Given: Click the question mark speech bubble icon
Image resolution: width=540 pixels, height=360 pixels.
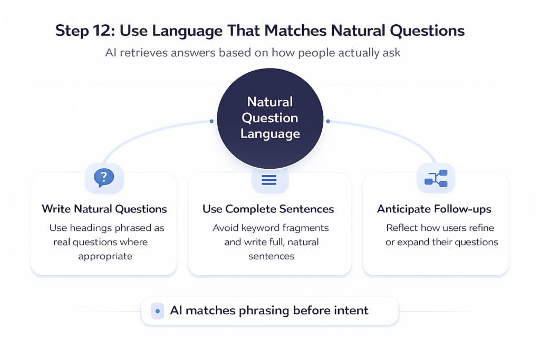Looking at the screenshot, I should [x=104, y=178].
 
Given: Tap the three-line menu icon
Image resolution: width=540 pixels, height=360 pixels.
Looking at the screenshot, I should [x=269, y=180].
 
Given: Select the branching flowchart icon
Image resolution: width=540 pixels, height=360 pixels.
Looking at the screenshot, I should [x=436, y=178].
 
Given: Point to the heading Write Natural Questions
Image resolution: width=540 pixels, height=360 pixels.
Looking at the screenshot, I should [x=104, y=209].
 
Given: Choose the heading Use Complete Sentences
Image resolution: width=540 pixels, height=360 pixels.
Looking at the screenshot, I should [x=268, y=209].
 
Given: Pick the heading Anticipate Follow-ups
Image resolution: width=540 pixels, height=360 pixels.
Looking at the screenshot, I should [x=434, y=209].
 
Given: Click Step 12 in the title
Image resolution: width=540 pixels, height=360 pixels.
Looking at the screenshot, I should [x=84, y=31].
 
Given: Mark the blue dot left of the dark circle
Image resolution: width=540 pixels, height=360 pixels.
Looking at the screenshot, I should [x=211, y=121].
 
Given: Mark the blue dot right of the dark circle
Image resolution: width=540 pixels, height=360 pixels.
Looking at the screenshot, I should [x=328, y=121].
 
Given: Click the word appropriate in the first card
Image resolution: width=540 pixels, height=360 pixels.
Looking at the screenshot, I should [x=105, y=257].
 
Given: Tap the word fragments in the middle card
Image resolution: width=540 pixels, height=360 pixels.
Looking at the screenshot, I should [x=306, y=228].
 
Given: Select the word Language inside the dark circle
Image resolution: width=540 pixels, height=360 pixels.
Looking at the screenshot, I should [x=270, y=134].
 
